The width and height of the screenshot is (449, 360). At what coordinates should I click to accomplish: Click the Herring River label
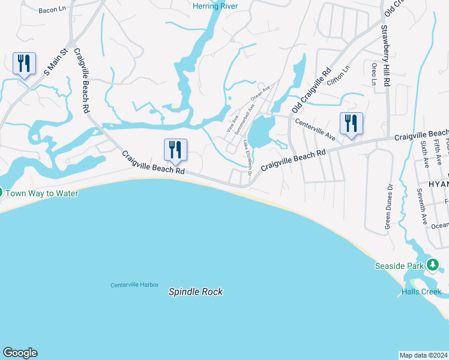(215, 6)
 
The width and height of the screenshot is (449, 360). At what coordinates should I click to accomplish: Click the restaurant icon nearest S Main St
(24, 63)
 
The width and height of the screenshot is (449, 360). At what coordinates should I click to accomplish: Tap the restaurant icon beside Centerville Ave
(351, 124)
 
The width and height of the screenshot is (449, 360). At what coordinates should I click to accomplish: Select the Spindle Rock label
(195, 292)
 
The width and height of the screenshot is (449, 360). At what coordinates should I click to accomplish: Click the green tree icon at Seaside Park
(432, 265)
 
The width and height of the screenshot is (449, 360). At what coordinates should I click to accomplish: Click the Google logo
(20, 353)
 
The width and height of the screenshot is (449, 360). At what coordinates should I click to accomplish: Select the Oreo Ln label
(374, 73)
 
